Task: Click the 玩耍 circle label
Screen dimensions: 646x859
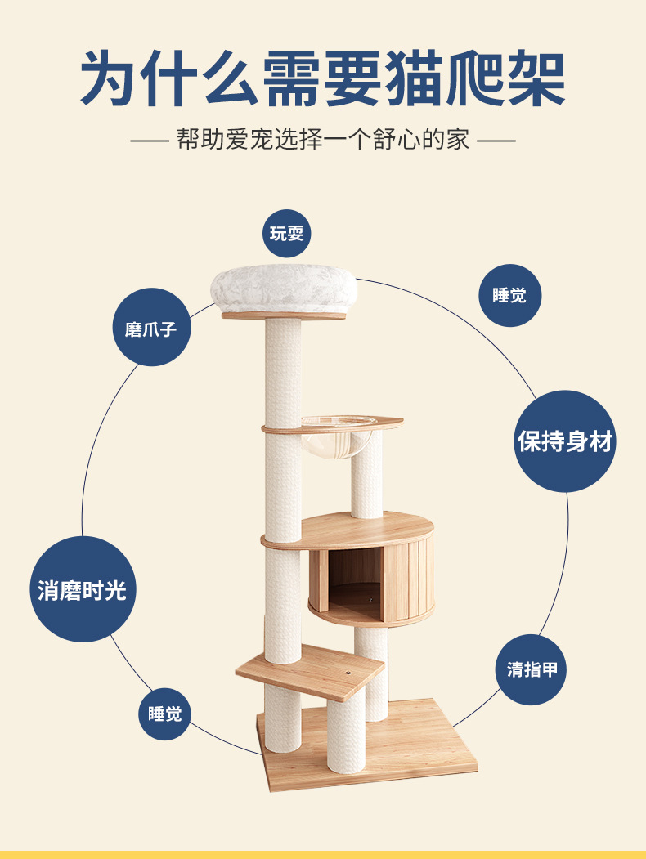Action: [x=287, y=233]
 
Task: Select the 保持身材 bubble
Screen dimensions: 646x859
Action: [x=565, y=441]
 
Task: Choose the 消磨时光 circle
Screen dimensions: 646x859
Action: [x=82, y=588]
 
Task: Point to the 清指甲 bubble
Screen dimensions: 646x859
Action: [x=531, y=669]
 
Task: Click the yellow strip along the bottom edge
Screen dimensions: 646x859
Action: [x=323, y=854]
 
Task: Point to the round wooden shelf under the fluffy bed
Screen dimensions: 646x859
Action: [x=283, y=315]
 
